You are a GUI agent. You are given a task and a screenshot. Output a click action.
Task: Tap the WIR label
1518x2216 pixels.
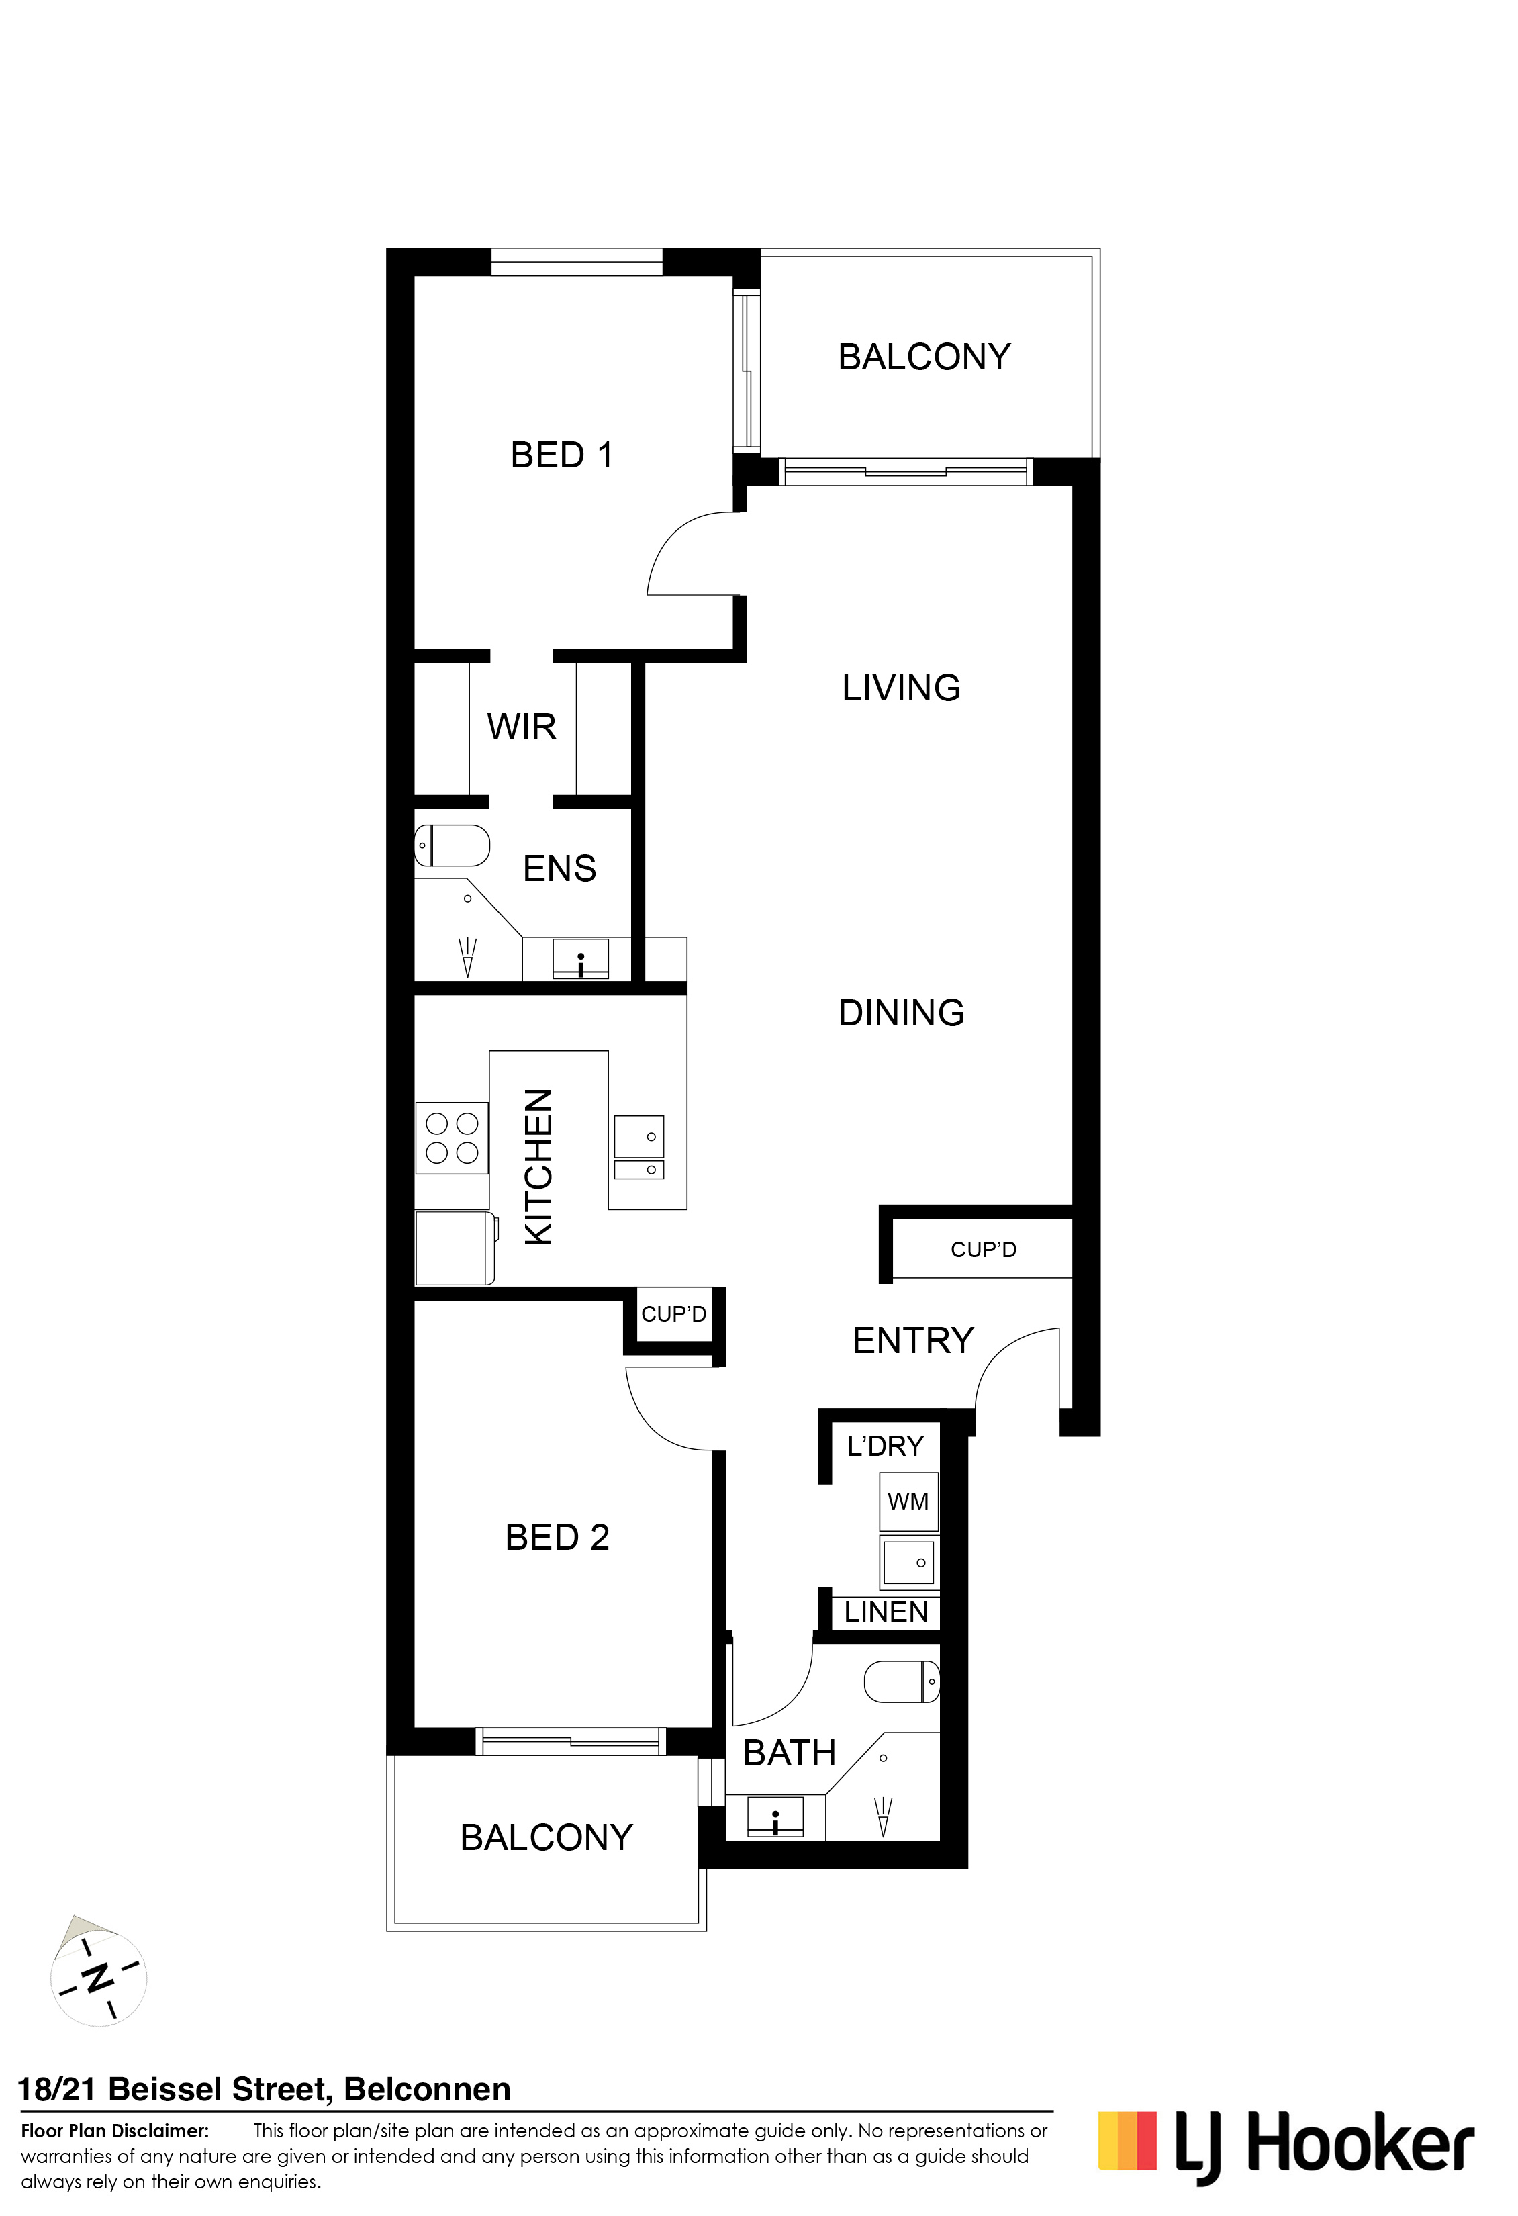click(x=522, y=727)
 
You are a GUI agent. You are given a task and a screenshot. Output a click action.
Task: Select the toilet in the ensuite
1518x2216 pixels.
click(x=452, y=845)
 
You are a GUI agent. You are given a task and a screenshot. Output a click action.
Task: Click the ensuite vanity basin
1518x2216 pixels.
click(x=581, y=958)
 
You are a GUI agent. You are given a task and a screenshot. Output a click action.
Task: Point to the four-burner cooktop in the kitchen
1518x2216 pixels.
click(x=452, y=1138)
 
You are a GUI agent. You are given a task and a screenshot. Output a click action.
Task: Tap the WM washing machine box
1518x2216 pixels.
click(x=908, y=1502)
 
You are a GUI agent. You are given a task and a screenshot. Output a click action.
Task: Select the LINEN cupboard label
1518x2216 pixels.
click(x=886, y=1612)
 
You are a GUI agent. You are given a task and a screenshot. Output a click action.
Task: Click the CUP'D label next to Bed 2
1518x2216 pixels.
click(x=673, y=1314)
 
